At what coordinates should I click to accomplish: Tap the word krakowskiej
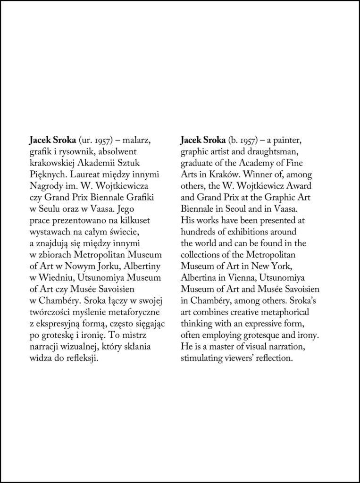pos(50,163)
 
